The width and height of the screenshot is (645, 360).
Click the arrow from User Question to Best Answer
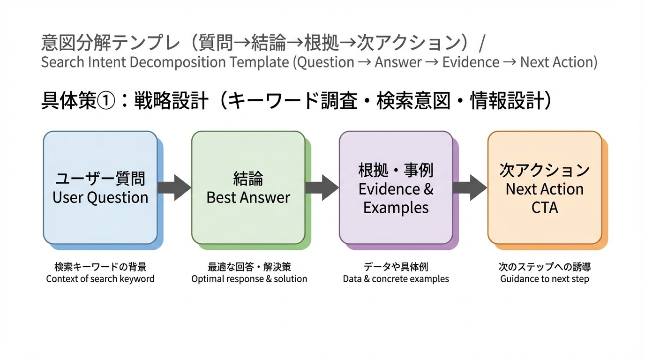[x=174, y=187]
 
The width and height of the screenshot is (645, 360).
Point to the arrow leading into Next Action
[x=470, y=187]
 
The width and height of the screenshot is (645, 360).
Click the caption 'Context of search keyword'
[x=100, y=279]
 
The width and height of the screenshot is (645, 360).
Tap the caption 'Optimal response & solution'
[x=249, y=279]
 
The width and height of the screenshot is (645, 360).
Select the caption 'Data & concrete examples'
[x=396, y=279]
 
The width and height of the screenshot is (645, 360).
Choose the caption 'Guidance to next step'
[x=544, y=279]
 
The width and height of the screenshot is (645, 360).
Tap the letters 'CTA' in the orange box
[x=545, y=208]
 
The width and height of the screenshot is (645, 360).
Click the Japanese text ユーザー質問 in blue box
[x=100, y=179]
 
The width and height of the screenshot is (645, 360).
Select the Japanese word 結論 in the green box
[x=248, y=179]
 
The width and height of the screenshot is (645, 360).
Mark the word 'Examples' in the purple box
[x=396, y=208]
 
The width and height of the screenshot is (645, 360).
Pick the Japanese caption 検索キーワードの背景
[x=100, y=267]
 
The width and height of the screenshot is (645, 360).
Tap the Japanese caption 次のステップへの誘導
[x=544, y=267]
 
